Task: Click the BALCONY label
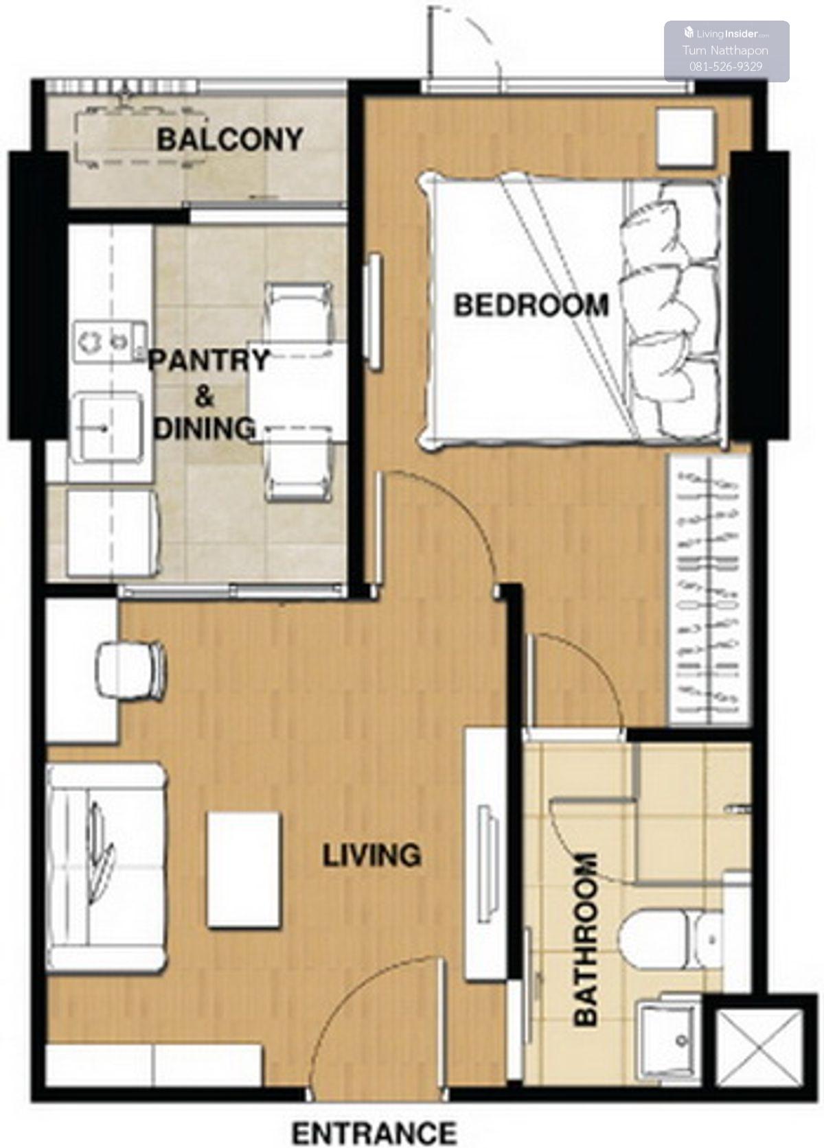pos(230,140)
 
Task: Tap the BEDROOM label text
pos(531,305)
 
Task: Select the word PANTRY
pos(209,360)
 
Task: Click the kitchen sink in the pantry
pos(108,427)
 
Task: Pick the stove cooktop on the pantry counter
pos(111,341)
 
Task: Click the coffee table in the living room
pos(244,869)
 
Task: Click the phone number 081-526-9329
pos(726,67)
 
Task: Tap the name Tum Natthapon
pos(726,50)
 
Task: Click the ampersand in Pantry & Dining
pos(205,396)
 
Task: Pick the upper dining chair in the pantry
pos(299,313)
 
